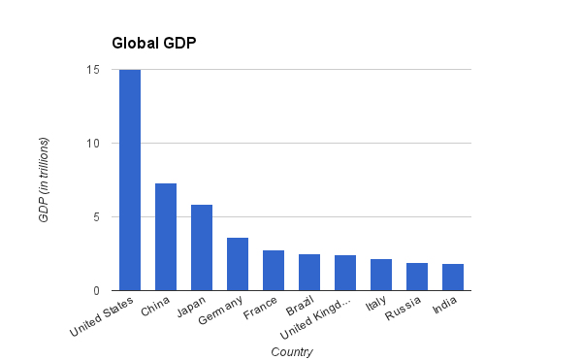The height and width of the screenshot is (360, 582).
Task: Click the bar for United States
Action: coord(130,180)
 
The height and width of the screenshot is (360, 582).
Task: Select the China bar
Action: coord(166,237)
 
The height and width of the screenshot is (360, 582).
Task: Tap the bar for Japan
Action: coord(202,247)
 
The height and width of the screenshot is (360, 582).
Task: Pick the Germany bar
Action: coord(238,264)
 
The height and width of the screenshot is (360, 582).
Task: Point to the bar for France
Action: coord(274,271)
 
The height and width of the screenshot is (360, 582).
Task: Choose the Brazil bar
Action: coord(309,273)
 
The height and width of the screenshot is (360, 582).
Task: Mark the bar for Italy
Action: coord(381,275)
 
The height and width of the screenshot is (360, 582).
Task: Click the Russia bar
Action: coord(417,277)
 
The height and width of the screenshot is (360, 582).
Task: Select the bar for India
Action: coord(453,278)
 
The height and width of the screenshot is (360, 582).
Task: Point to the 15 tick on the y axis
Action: coord(93,70)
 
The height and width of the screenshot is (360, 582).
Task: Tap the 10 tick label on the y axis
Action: coord(93,144)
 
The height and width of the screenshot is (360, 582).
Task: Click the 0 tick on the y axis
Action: coord(96,291)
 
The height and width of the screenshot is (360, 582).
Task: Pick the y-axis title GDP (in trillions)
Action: coord(44,180)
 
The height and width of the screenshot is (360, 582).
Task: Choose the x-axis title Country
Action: coord(292,351)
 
